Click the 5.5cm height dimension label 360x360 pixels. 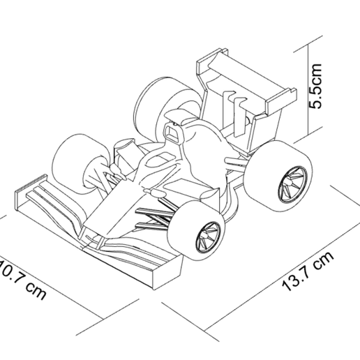point(317,86)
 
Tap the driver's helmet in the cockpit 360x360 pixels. point(172,132)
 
